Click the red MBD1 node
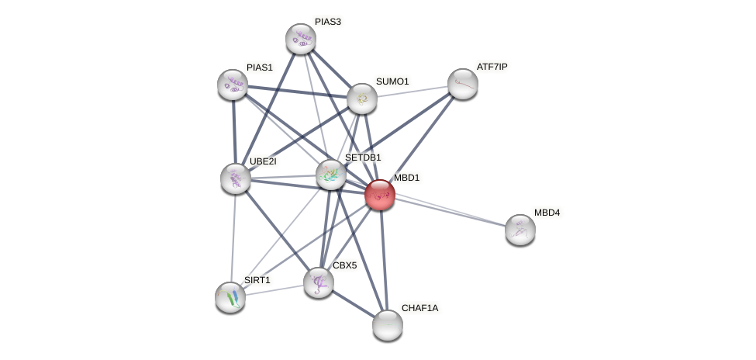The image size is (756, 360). click(x=380, y=195)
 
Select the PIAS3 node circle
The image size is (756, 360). click(x=301, y=39)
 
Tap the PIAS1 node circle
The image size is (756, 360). click(x=233, y=85)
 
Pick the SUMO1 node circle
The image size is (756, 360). click(x=362, y=99)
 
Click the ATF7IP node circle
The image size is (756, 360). click(x=463, y=84)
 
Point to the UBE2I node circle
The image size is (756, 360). click(x=236, y=178)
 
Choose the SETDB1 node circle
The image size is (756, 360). click(x=331, y=175)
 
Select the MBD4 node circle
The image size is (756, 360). click(x=520, y=230)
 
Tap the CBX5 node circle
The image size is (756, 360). click(x=319, y=282)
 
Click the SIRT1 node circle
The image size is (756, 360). click(x=230, y=297)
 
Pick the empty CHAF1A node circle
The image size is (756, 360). click(x=388, y=325)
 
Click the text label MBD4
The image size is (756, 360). click(x=547, y=213)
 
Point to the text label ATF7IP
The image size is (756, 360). click(x=492, y=67)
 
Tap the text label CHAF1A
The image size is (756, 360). click(x=419, y=308)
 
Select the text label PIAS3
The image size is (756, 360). click(x=327, y=22)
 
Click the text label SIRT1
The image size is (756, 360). click(x=257, y=280)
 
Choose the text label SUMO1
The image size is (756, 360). click(x=392, y=81)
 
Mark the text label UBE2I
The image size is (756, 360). click(x=262, y=161)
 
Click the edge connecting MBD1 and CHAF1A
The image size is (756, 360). click(x=384, y=260)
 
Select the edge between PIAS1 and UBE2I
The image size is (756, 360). click(x=234, y=132)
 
